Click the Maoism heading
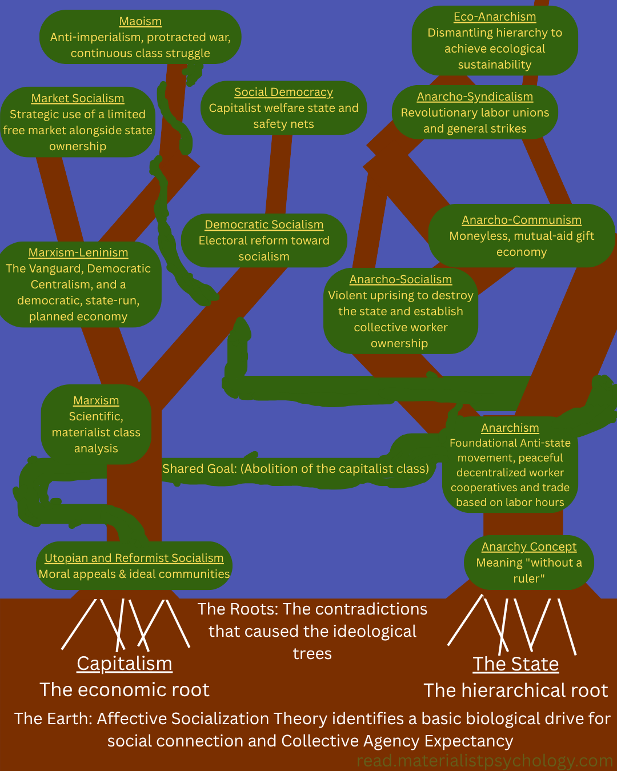(x=141, y=22)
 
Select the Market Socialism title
(x=78, y=99)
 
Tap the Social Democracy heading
(x=283, y=93)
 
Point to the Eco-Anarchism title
(x=495, y=17)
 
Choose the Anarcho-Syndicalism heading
(x=475, y=97)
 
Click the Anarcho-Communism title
(x=522, y=220)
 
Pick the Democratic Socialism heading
(x=264, y=225)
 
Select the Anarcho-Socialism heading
(x=400, y=280)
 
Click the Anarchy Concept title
(x=529, y=547)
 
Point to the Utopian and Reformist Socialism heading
(x=134, y=559)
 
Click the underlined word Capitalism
(x=125, y=664)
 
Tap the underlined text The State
(x=516, y=664)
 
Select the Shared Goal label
(x=295, y=469)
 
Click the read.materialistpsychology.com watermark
(x=484, y=761)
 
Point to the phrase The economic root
(x=125, y=690)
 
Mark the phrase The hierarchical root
(x=516, y=690)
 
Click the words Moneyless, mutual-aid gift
(x=522, y=236)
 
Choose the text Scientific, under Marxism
(x=96, y=417)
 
